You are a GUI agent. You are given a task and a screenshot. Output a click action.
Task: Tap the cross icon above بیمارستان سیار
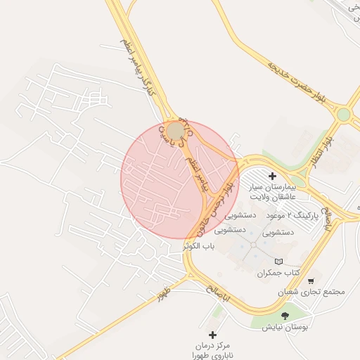tap(274, 175)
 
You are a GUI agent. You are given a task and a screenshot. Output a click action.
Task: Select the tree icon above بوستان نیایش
tap(285, 316)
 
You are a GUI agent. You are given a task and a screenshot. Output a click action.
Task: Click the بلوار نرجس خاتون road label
tap(218, 194)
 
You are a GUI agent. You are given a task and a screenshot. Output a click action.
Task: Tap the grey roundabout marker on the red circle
tap(175, 131)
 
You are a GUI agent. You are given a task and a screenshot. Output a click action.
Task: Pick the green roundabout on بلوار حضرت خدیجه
tap(343, 115)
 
